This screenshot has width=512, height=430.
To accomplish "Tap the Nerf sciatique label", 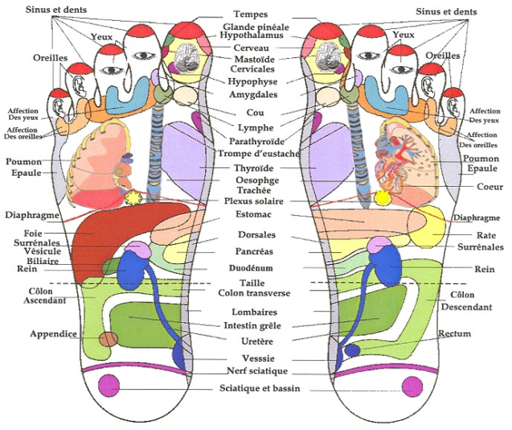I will tap(256, 371).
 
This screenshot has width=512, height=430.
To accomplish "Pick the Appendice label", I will tap(53, 333).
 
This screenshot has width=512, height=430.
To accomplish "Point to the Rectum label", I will tap(454, 333).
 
